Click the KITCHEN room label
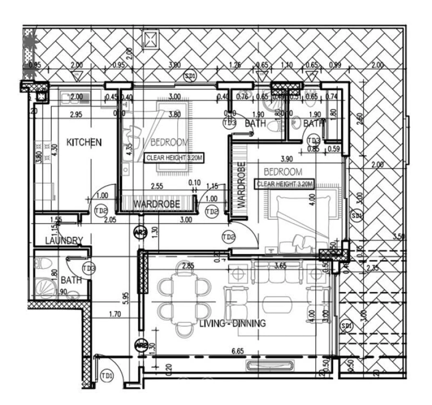tap(84, 142)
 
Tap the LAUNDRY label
tap(64, 240)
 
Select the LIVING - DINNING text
tap(232, 323)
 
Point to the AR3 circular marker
tap(140, 232)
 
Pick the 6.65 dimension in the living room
tap(237, 352)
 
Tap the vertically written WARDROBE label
tap(241, 185)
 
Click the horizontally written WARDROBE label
tap(156, 204)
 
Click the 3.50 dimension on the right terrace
tap(399, 236)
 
